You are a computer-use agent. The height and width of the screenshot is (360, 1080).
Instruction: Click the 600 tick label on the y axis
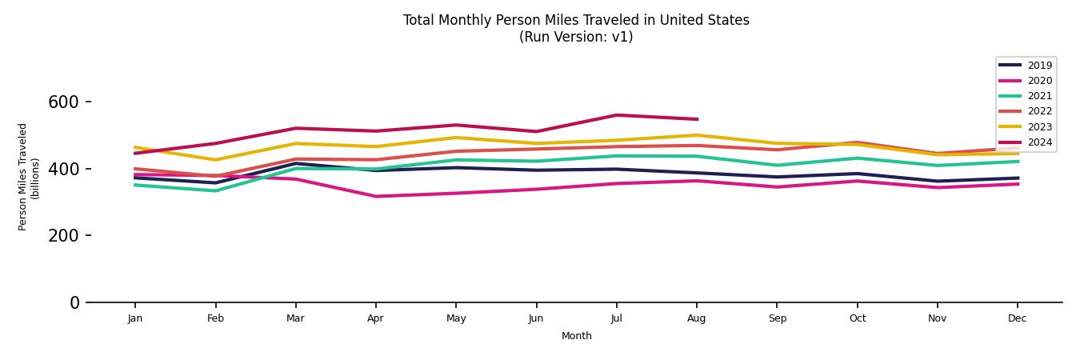pyautogui.click(x=63, y=102)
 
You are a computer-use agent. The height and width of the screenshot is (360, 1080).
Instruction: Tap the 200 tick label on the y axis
pyautogui.click(x=63, y=236)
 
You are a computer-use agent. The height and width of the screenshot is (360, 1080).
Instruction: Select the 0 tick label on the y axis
pyautogui.click(x=74, y=302)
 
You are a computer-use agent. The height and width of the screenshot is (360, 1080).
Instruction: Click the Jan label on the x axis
pyautogui.click(x=134, y=318)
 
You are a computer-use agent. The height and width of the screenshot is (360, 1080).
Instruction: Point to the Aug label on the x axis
pyautogui.click(x=697, y=318)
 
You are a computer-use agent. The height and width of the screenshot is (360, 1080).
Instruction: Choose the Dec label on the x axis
pyautogui.click(x=1017, y=318)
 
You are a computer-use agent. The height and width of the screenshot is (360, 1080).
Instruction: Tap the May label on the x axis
pyautogui.click(x=456, y=318)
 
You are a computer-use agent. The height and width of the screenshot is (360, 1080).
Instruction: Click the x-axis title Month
pyautogui.click(x=576, y=336)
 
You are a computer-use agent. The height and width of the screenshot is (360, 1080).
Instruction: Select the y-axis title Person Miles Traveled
pyautogui.click(x=23, y=177)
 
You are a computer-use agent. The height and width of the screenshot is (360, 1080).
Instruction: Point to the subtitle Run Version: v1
pyautogui.click(x=576, y=37)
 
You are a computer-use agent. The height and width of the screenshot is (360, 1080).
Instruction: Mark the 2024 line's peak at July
pyautogui.click(x=616, y=115)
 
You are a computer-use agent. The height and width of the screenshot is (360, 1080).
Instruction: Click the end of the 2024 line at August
pyautogui.click(x=697, y=119)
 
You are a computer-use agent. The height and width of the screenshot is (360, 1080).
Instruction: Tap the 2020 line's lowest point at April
pyautogui.click(x=375, y=196)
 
